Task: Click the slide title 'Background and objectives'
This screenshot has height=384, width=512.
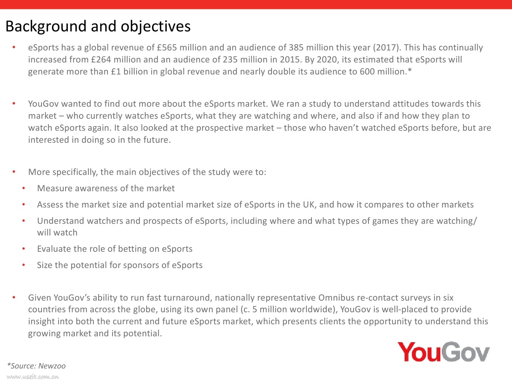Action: (x=98, y=26)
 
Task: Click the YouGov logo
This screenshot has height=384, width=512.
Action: (x=443, y=352)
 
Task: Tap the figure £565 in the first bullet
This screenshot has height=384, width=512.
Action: (x=167, y=48)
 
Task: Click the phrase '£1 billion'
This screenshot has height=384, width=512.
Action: (x=126, y=72)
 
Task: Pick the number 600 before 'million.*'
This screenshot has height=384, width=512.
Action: (x=367, y=72)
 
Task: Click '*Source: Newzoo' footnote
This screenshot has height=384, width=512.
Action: (x=36, y=366)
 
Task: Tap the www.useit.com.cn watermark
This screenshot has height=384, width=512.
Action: (x=33, y=377)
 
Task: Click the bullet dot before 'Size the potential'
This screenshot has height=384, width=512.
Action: (x=24, y=265)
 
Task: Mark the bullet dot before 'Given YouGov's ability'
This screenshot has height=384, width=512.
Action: (x=14, y=298)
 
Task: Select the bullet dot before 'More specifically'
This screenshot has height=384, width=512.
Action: (x=14, y=172)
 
